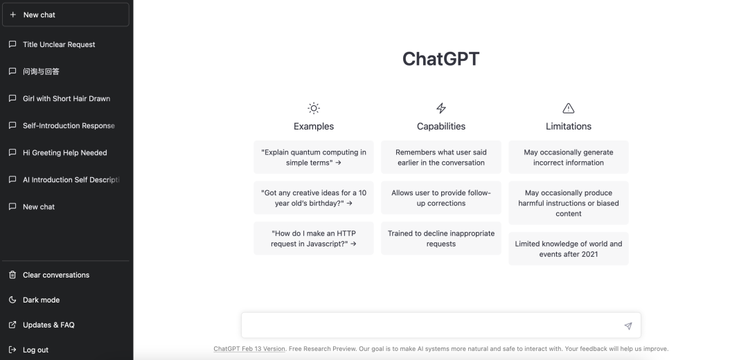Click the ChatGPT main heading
point(440,59)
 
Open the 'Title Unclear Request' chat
point(59,44)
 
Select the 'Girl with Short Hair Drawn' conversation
point(66,99)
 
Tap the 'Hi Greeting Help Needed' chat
point(65,152)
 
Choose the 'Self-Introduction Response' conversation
point(69,125)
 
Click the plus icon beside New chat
point(13,15)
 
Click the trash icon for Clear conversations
point(13,275)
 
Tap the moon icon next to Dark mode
point(13,300)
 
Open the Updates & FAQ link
point(48,325)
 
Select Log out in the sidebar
point(36,350)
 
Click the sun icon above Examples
point(314,108)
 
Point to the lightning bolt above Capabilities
point(441,108)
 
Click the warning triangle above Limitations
point(568,108)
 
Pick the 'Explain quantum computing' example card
point(314,157)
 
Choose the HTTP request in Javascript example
point(314,238)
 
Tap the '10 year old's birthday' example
point(314,198)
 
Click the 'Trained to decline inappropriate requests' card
point(440,238)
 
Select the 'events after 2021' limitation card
point(568,249)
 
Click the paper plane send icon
point(627,326)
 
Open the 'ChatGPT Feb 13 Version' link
point(249,348)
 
